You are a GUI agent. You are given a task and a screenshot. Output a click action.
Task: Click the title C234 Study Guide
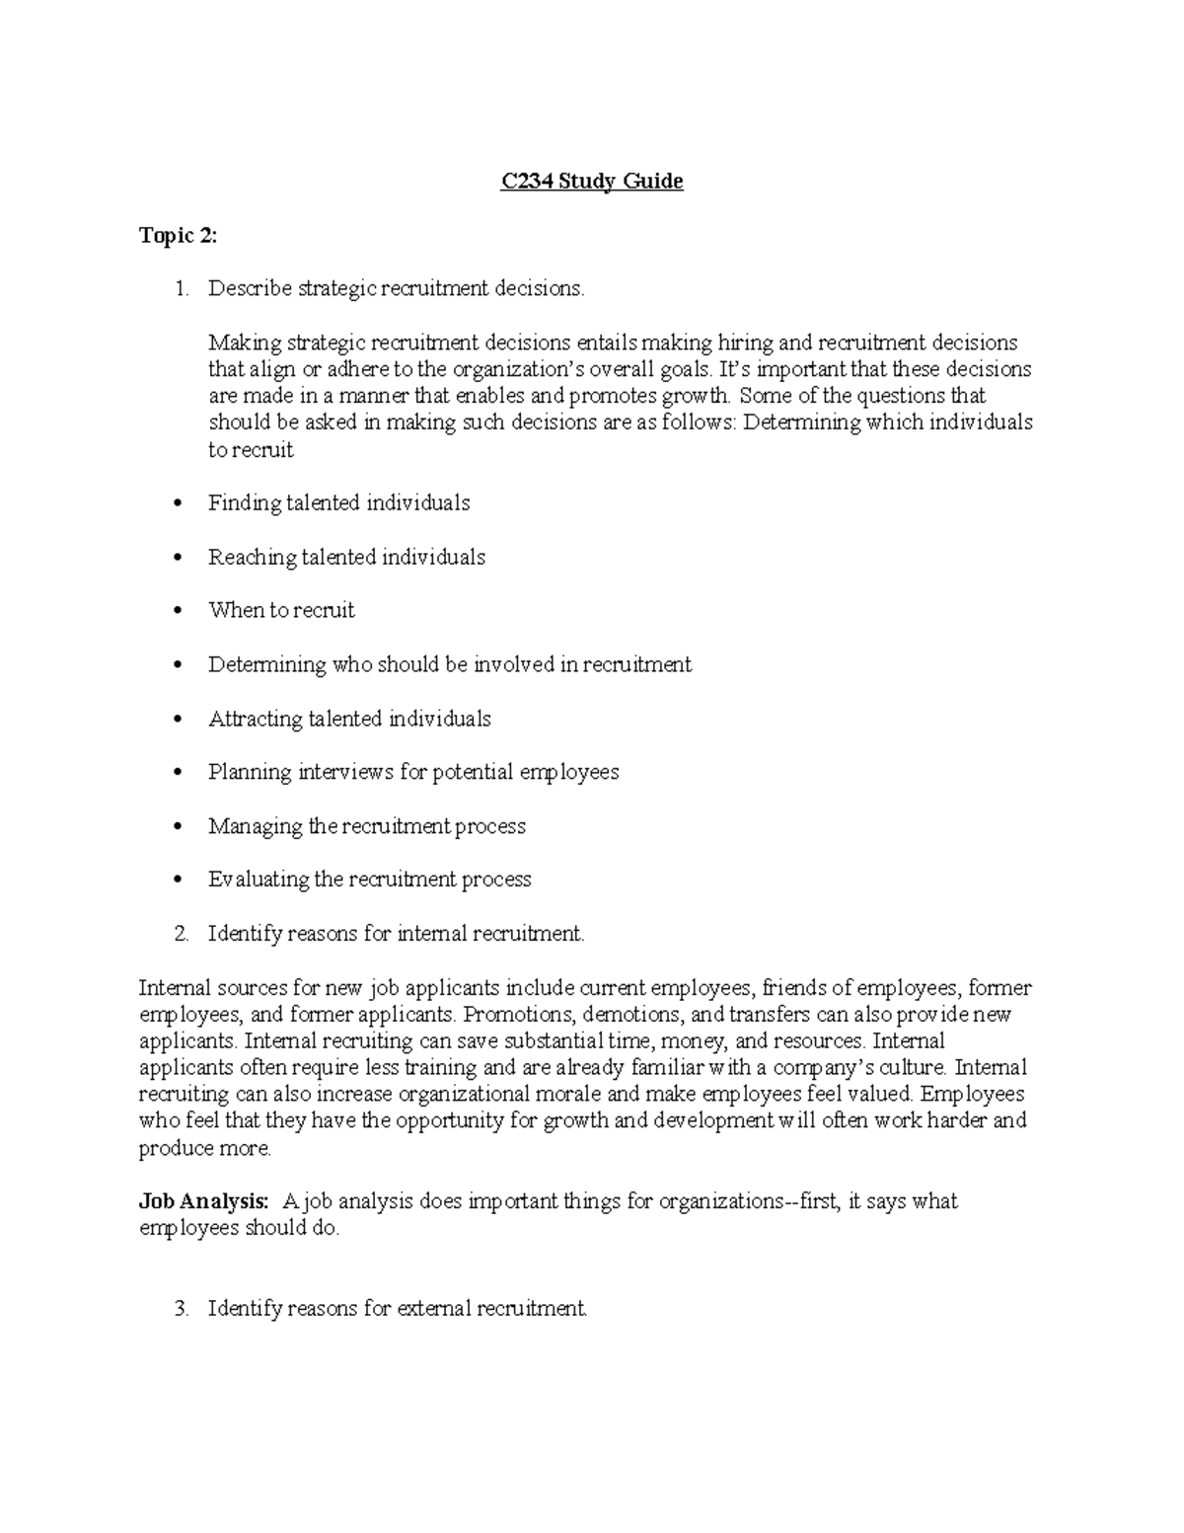point(592,182)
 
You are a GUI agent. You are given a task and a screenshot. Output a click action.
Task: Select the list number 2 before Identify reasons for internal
point(180,934)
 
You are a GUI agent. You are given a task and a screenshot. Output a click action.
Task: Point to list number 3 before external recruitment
point(180,1309)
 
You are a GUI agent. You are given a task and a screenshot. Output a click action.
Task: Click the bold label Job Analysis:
point(203,1201)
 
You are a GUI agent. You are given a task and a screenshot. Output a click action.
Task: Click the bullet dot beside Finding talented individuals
point(178,504)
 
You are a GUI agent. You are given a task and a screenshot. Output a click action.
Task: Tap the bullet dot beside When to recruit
point(178,612)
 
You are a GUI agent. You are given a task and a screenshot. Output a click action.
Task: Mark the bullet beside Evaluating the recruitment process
point(178,881)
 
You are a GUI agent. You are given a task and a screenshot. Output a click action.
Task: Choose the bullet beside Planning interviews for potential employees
point(178,773)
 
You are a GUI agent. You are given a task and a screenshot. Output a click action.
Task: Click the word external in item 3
point(434,1309)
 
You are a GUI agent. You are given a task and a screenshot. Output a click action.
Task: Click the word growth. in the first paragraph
point(703,397)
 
